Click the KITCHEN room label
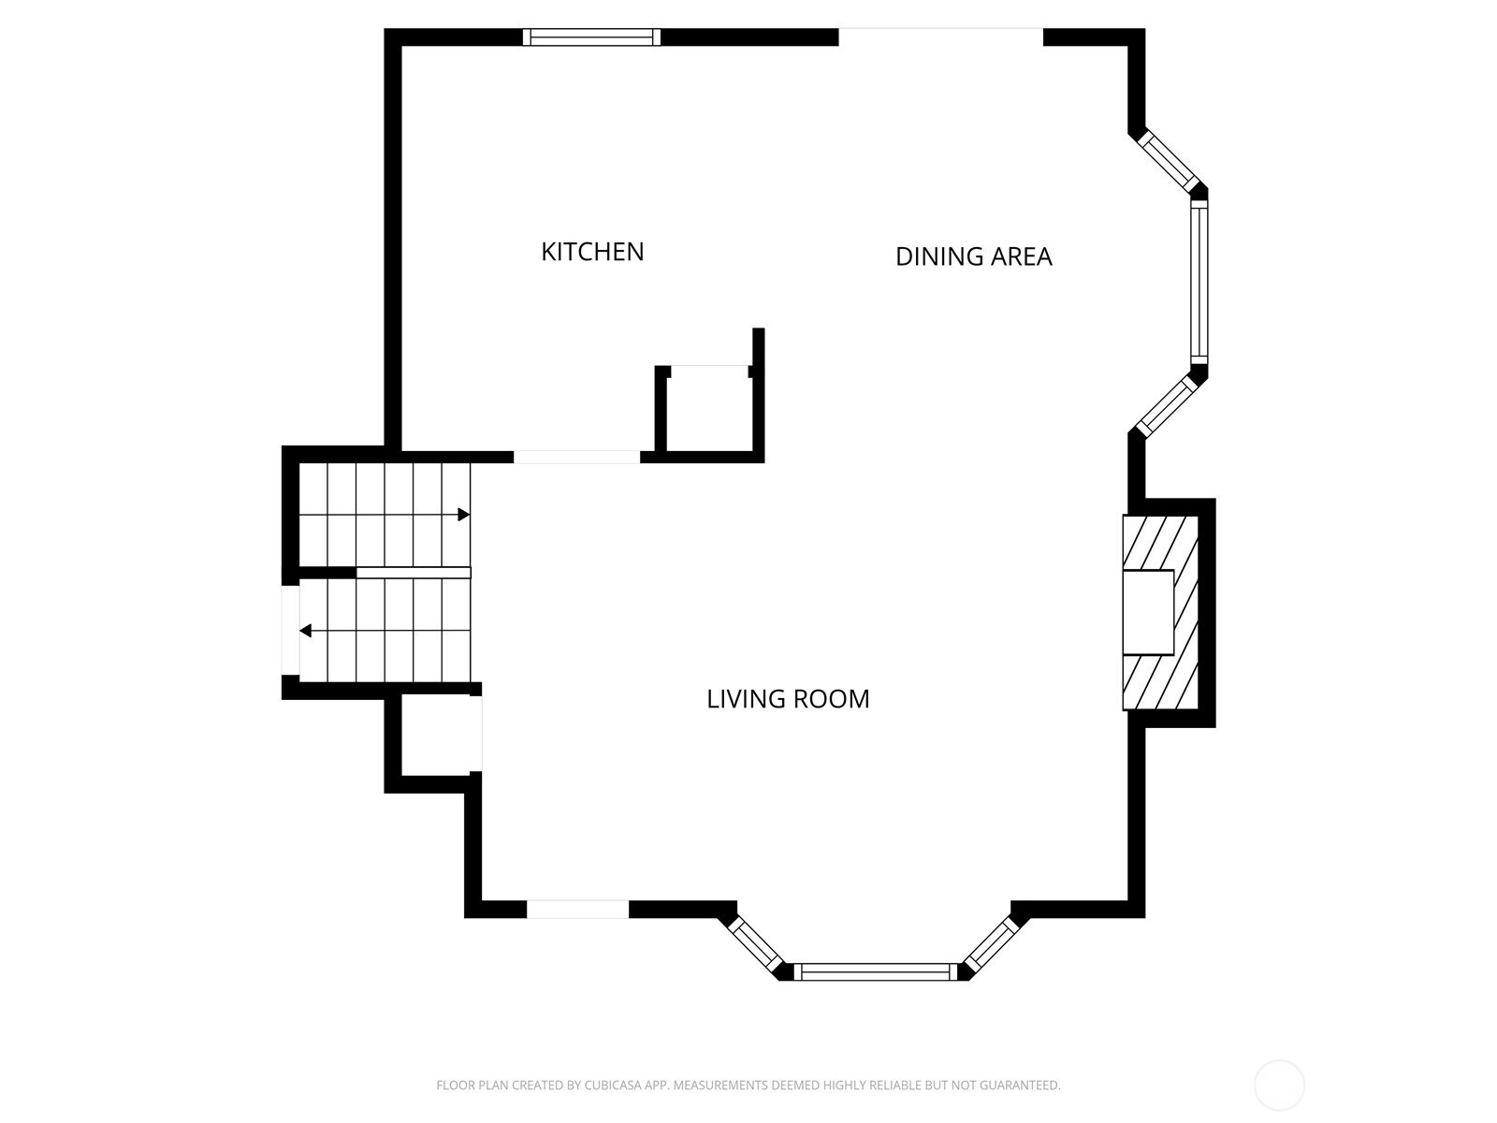click(592, 252)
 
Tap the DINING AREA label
click(973, 256)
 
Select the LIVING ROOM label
click(788, 699)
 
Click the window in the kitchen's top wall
click(591, 36)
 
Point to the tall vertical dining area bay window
click(1199, 283)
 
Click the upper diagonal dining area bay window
click(1170, 161)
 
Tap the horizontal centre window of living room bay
click(876, 971)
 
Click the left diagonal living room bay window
click(756, 946)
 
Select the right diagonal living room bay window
click(991, 945)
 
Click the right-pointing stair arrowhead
click(464, 515)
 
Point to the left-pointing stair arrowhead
click(306, 631)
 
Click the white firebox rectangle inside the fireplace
click(1149, 612)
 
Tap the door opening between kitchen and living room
click(577, 457)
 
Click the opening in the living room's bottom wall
click(577, 909)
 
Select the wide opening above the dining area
click(941, 36)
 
